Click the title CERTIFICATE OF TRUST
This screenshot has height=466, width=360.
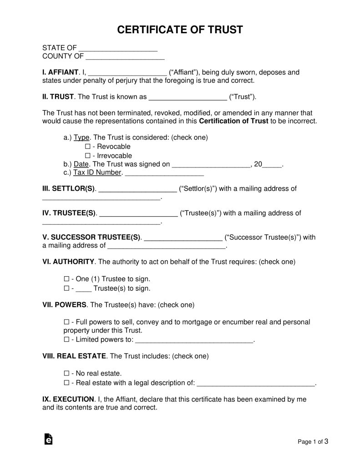(x=180, y=30)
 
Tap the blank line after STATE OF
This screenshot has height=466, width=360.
(x=118, y=48)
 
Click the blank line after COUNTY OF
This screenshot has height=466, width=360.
(x=125, y=57)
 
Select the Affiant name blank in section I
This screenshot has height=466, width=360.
(x=127, y=73)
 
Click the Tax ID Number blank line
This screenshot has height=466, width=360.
(x=164, y=173)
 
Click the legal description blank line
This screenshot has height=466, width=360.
(x=257, y=383)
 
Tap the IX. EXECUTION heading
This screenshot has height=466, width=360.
(x=68, y=399)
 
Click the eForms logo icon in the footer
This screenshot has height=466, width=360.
(x=48, y=440)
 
